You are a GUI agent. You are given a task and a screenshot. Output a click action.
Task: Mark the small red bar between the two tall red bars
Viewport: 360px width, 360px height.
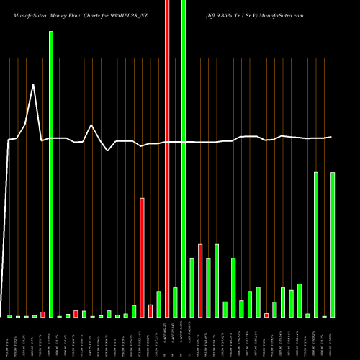pyautogui.click(x=150, y=310)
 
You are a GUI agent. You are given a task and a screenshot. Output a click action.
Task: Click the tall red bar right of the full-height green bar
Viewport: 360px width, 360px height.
pyautogui.click(x=200, y=281)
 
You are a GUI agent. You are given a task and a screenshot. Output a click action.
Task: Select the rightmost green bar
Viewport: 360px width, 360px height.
pyautogui.click(x=333, y=245)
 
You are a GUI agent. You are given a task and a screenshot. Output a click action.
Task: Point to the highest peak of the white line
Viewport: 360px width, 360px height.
pyautogui.click(x=33, y=84)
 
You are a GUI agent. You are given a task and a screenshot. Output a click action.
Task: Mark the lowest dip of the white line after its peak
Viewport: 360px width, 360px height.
pyautogui.click(x=108, y=150)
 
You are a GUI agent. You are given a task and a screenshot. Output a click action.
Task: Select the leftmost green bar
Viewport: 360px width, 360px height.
pyautogui.click(x=9, y=316)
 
